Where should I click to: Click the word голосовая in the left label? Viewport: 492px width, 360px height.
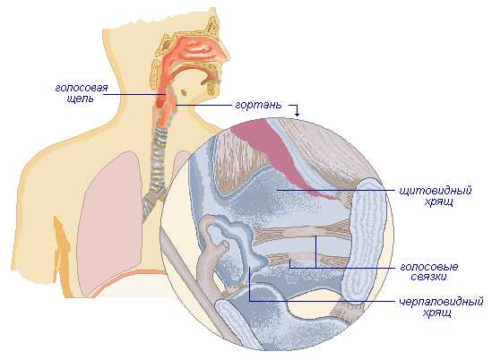coord(82,88)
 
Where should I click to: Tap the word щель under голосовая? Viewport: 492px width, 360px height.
coord(81,99)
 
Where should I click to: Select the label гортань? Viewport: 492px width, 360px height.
coord(259,105)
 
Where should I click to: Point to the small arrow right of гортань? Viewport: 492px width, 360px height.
coord(294,109)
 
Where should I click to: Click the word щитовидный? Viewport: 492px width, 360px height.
coord(436,191)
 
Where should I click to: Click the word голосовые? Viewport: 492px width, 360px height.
coord(429,267)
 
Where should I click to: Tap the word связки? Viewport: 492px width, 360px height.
coord(428,277)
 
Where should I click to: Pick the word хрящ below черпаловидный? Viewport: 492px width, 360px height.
coord(437,313)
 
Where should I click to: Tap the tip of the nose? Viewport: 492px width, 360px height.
coord(229,56)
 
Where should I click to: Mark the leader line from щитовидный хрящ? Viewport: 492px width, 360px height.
coord(336,190)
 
